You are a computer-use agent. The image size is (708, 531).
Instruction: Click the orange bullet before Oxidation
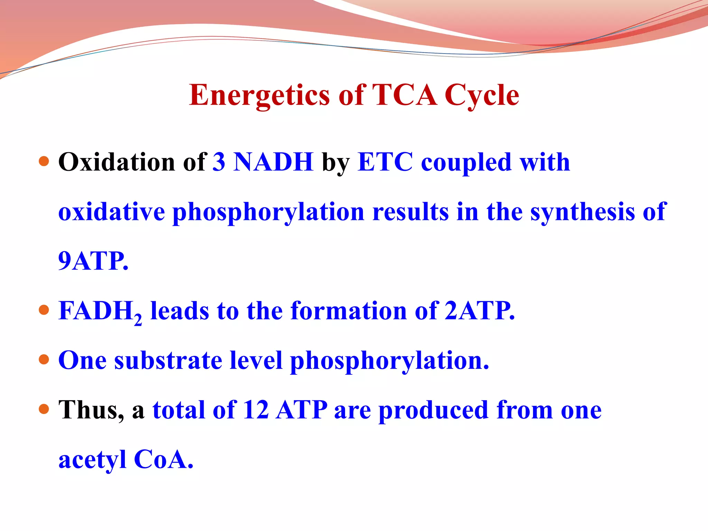click(44, 161)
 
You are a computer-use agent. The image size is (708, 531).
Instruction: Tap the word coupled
click(466, 162)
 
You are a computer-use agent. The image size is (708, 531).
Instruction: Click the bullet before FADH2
click(44, 310)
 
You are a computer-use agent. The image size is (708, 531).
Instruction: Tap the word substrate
click(168, 360)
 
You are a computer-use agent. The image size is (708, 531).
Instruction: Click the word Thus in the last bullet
click(91, 410)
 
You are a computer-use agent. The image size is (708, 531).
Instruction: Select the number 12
click(256, 410)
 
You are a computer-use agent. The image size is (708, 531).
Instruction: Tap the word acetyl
click(92, 460)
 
